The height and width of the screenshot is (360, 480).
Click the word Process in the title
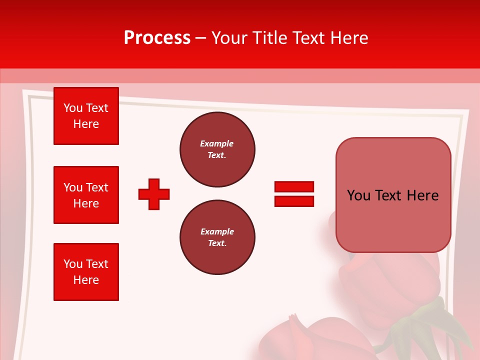pyautogui.click(x=157, y=38)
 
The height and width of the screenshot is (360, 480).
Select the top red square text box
pyautogui.click(x=86, y=116)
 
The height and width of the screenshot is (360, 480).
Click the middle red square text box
pyautogui.click(x=86, y=195)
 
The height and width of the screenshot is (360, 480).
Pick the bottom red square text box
pyautogui.click(x=86, y=272)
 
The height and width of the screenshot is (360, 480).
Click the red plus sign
pyautogui.click(x=154, y=194)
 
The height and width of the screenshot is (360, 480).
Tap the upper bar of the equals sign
pyautogui.click(x=294, y=186)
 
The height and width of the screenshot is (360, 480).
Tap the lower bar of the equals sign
pyautogui.click(x=294, y=201)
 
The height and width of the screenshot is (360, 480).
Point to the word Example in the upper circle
pyautogui.click(x=216, y=143)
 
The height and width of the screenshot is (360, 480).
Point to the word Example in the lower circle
pyautogui.click(x=217, y=231)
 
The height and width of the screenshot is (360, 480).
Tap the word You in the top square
pyautogui.click(x=72, y=108)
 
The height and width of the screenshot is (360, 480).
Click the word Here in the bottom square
pyautogui.click(x=86, y=280)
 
